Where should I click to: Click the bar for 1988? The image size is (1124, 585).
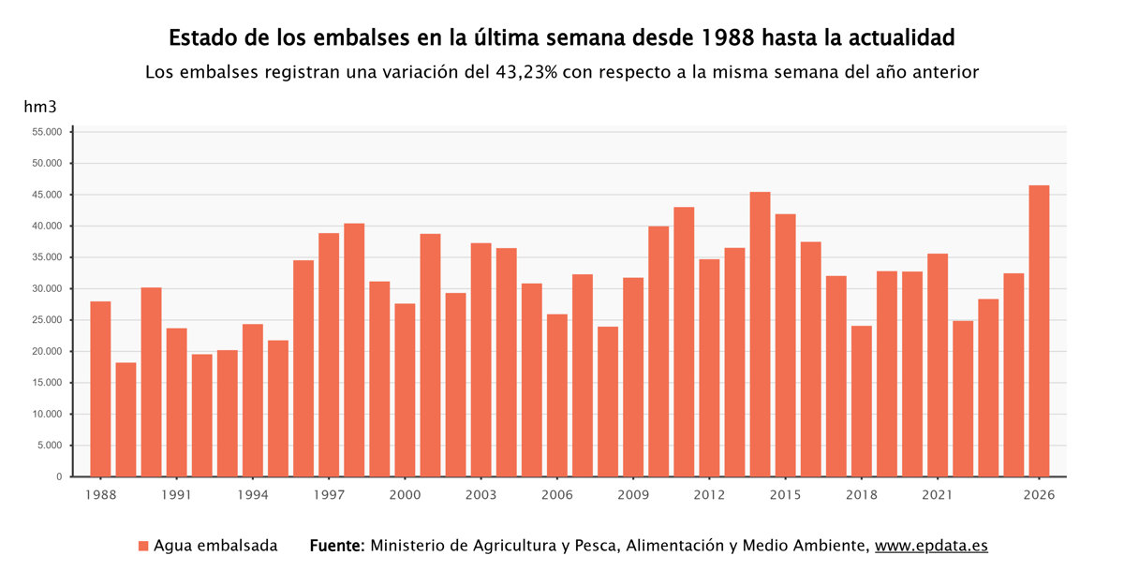[100, 388]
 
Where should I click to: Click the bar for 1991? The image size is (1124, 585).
[176, 402]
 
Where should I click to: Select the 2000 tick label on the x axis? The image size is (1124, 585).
[405, 494]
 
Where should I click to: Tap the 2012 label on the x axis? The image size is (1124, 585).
[709, 494]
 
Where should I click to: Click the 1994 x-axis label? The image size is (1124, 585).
[253, 494]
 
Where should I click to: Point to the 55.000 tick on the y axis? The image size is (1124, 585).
[46, 132]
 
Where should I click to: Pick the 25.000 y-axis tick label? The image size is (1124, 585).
[46, 320]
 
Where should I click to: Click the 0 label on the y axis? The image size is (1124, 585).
[59, 476]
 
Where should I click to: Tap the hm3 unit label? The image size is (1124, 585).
[40, 108]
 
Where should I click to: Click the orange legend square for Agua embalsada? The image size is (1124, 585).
[143, 546]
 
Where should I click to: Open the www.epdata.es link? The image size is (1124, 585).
[931, 546]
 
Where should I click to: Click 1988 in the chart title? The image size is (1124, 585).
[729, 38]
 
